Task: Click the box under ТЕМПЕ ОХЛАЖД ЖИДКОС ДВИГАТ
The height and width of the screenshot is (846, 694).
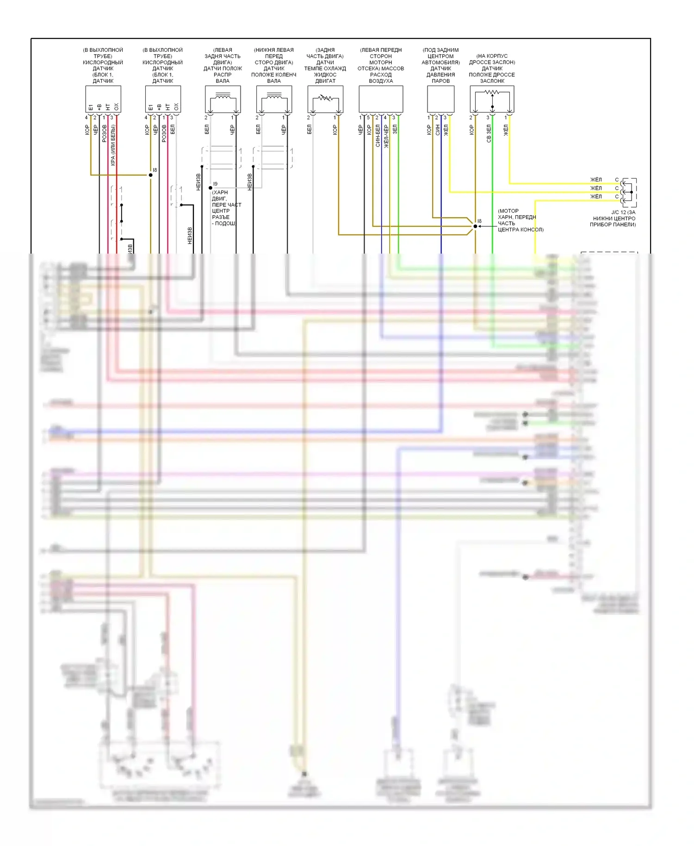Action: pyautogui.click(x=325, y=99)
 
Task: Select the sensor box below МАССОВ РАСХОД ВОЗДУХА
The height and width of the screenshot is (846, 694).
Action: pyautogui.click(x=381, y=99)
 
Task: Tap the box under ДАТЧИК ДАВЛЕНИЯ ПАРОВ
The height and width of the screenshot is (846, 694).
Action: pyautogui.click(x=440, y=99)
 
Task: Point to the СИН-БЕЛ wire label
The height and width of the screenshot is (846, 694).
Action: pyautogui.click(x=378, y=136)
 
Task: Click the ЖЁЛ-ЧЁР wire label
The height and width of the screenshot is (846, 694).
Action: pyautogui.click(x=386, y=136)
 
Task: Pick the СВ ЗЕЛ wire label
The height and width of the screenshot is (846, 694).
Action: pyautogui.click(x=489, y=133)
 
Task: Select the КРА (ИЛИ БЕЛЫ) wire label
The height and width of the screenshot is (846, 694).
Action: pyautogui.click(x=113, y=145)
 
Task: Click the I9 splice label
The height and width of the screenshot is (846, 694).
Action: pyautogui.click(x=215, y=184)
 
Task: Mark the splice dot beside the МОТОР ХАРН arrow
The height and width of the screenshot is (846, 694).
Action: pyautogui.click(x=475, y=226)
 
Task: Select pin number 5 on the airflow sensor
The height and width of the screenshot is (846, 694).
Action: pyautogui.click(x=368, y=118)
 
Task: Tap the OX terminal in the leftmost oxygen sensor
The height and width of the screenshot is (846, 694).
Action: pyautogui.click(x=116, y=107)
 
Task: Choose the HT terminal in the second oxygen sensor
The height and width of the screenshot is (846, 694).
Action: pyautogui.click(x=167, y=107)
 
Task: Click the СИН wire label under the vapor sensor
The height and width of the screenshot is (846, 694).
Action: pyautogui.click(x=437, y=130)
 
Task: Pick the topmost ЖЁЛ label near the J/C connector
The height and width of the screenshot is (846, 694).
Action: pyautogui.click(x=596, y=180)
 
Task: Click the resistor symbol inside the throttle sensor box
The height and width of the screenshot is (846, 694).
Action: pyautogui.click(x=492, y=92)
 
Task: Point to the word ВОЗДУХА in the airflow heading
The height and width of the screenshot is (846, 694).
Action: pyautogui.click(x=381, y=81)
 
